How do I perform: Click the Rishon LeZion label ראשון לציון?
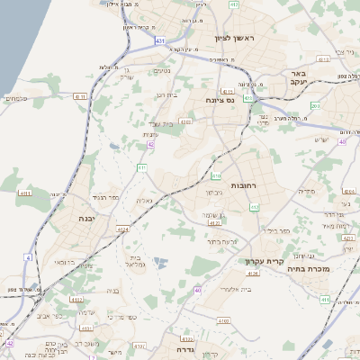(235, 39)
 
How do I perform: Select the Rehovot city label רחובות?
(245, 184)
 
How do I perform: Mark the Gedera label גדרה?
(186, 350)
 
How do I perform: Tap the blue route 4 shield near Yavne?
(28, 257)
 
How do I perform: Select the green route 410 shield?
(216, 176)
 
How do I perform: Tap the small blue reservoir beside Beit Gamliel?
(160, 262)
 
